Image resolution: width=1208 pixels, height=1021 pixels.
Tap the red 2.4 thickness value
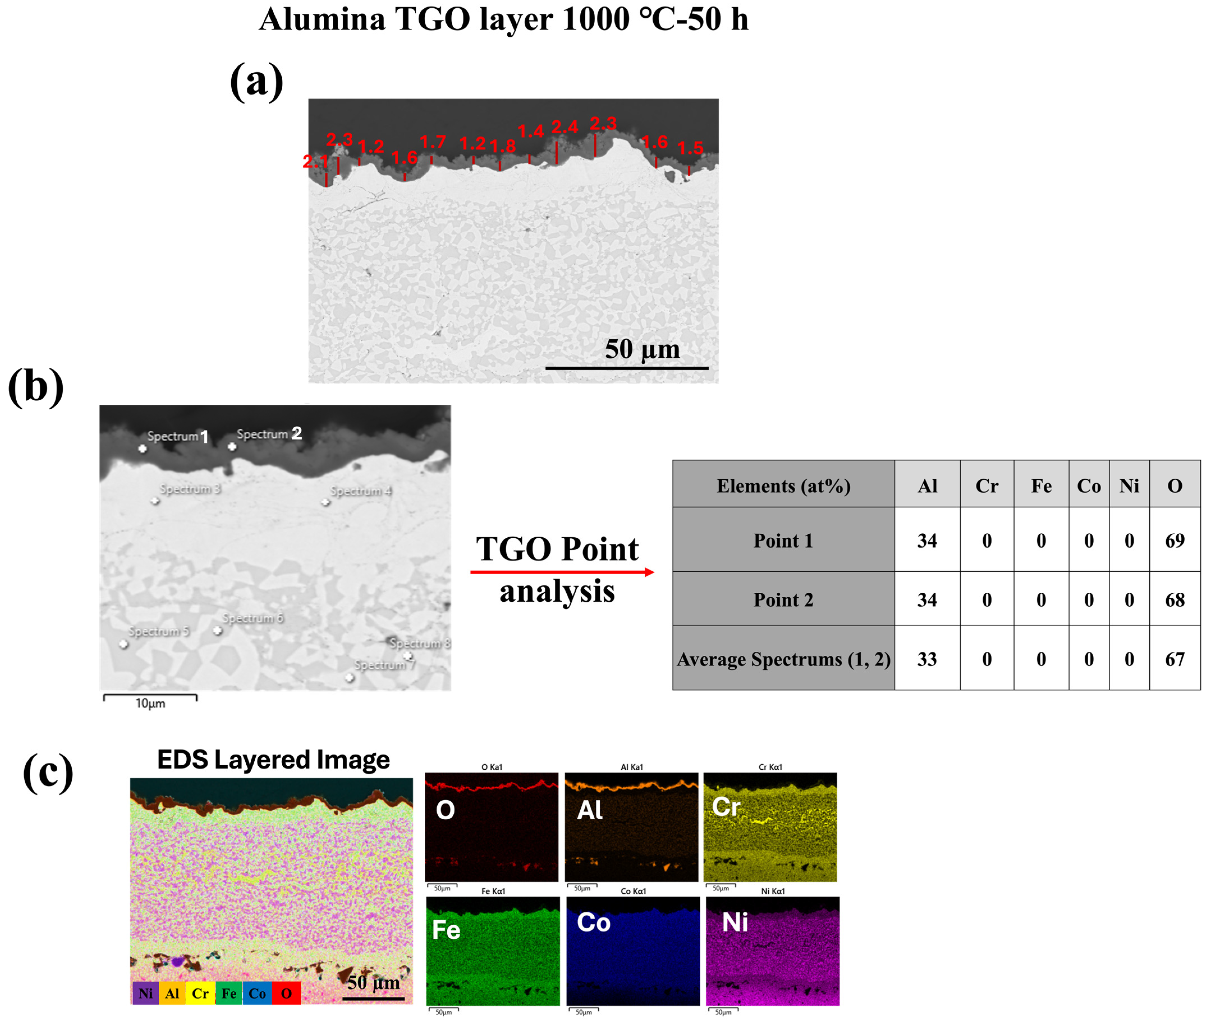click(x=564, y=127)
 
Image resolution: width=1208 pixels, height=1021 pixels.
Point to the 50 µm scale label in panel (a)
click(x=642, y=349)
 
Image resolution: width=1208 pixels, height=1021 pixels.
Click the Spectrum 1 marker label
click(x=177, y=436)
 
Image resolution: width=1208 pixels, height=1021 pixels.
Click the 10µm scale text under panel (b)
click(x=150, y=703)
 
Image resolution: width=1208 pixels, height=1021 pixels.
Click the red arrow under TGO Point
click(x=561, y=572)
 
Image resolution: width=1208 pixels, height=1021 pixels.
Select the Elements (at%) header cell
click(x=783, y=486)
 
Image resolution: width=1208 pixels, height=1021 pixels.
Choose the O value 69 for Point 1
click(x=1174, y=541)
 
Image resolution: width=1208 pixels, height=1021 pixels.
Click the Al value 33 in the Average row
click(x=927, y=659)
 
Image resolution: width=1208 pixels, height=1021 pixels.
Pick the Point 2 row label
click(x=783, y=600)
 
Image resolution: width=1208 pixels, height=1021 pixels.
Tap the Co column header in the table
click(x=1088, y=486)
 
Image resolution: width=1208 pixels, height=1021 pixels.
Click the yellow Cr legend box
click(x=200, y=993)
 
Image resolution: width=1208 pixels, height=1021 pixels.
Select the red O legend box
click(x=286, y=993)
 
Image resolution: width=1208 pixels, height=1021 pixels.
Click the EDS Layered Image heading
click(x=273, y=759)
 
